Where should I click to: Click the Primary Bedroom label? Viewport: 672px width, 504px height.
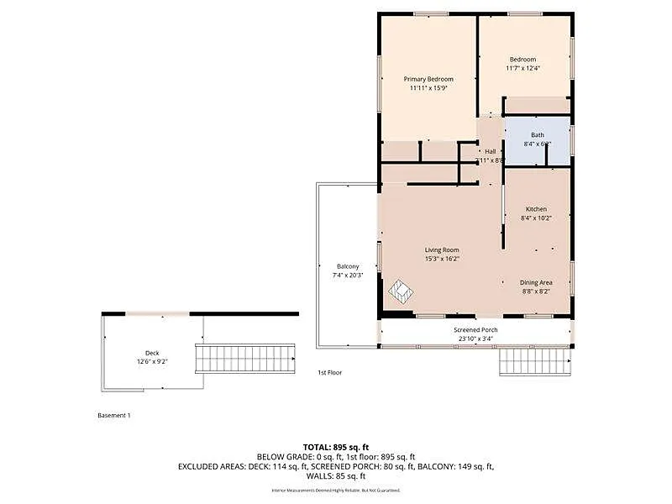click(x=428, y=79)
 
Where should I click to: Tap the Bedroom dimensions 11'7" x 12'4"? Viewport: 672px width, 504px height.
click(x=522, y=68)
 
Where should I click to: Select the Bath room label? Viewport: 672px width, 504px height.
click(x=537, y=134)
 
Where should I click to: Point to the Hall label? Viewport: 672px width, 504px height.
click(x=490, y=151)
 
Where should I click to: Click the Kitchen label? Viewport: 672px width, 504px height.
click(x=536, y=208)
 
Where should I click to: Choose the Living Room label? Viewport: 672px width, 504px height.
click(x=441, y=249)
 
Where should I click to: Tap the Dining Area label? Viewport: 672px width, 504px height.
click(x=536, y=282)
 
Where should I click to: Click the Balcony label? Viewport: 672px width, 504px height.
click(x=348, y=266)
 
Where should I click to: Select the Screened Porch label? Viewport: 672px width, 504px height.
click(x=475, y=330)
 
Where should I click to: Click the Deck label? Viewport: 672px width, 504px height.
click(x=152, y=353)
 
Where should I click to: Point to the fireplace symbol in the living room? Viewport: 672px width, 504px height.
click(x=400, y=292)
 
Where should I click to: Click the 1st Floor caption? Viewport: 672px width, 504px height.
click(x=329, y=372)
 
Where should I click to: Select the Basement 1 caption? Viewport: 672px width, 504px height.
click(x=114, y=415)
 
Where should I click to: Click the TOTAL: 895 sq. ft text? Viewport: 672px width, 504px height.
click(x=336, y=447)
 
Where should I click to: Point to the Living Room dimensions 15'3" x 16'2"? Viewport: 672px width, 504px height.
click(x=441, y=259)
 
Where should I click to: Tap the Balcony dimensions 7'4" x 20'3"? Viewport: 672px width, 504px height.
click(x=348, y=276)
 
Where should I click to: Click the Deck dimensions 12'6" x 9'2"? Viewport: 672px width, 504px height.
click(x=152, y=362)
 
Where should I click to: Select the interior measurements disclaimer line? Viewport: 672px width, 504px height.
click(x=336, y=490)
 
